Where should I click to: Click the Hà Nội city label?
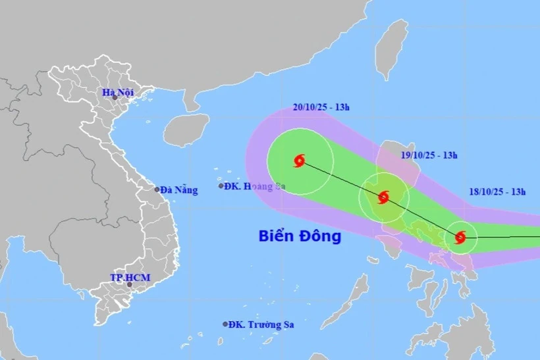point(118,93)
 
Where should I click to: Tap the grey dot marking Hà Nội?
point(114,98)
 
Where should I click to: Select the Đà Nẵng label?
point(178,190)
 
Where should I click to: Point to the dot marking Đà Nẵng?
point(157,190)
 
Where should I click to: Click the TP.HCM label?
point(130,278)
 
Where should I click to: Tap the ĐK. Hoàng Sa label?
point(254,186)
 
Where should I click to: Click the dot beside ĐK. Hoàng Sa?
point(221,186)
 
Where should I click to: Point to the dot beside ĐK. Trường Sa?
point(225,324)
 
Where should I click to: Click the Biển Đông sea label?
point(300,236)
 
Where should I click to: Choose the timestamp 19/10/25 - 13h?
point(429,155)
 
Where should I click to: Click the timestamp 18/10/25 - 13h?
point(499,192)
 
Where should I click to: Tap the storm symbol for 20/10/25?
point(300,161)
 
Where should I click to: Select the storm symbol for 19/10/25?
point(383,197)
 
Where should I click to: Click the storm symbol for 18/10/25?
point(460,237)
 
